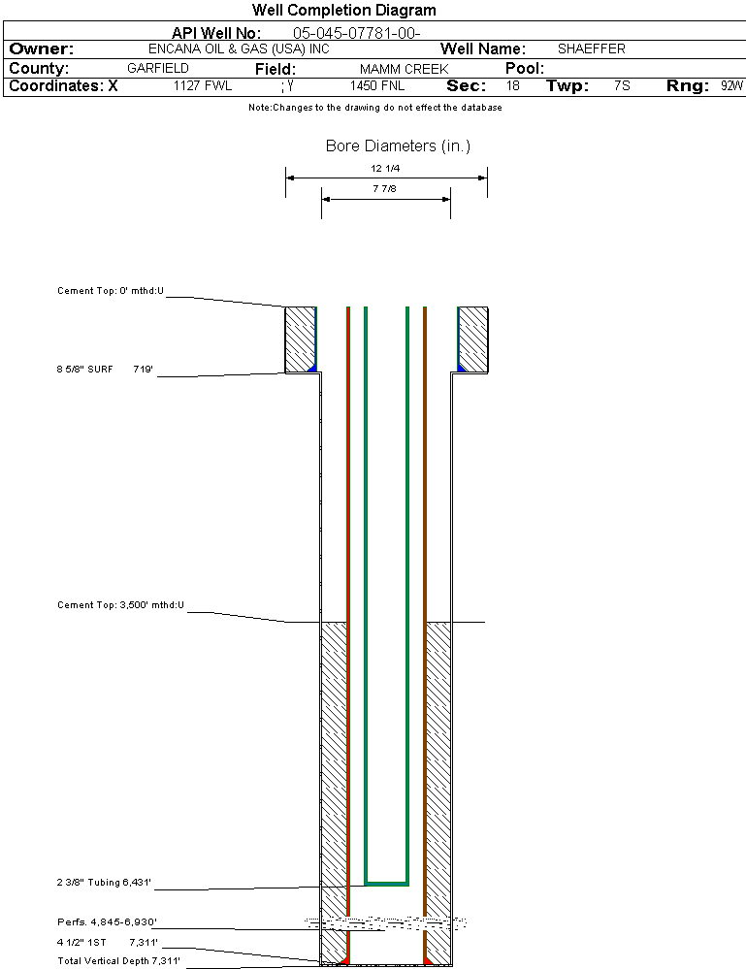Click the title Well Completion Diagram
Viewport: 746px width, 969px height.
(x=343, y=11)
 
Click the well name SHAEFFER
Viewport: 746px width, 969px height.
(x=592, y=48)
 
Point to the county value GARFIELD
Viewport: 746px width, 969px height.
(x=158, y=69)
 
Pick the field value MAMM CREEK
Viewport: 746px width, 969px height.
(x=405, y=70)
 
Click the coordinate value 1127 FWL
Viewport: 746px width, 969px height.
(x=203, y=85)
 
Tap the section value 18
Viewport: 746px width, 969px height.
(x=513, y=85)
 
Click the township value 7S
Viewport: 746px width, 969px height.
(x=623, y=85)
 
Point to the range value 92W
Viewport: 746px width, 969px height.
(x=731, y=85)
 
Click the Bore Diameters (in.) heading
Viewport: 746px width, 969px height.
(x=398, y=146)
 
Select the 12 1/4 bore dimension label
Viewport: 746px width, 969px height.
(x=385, y=168)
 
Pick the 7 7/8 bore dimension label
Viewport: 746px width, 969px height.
(x=385, y=188)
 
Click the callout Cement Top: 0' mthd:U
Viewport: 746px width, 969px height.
(x=111, y=290)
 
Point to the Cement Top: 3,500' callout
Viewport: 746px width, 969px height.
(x=120, y=605)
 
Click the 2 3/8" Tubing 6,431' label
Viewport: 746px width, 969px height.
(x=104, y=883)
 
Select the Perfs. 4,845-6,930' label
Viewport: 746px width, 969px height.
(x=107, y=921)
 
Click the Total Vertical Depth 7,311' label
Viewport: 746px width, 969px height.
(x=118, y=961)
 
